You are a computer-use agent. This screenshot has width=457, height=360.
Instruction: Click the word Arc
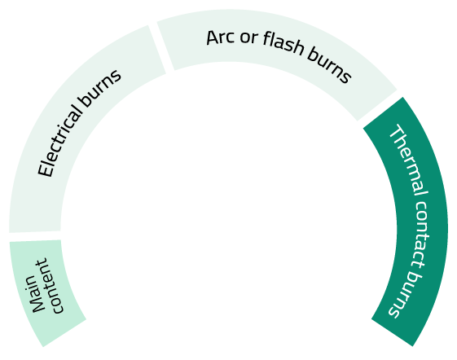[220, 37]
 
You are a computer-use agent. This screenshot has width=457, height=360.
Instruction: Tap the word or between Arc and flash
[249, 38]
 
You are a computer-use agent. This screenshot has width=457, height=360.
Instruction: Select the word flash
[283, 43]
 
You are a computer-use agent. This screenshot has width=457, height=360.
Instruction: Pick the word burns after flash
[329, 66]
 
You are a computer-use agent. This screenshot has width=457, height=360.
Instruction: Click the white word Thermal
[409, 160]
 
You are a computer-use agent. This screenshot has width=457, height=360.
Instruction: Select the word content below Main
[53, 286]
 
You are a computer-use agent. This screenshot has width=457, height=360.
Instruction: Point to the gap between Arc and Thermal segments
[380, 108]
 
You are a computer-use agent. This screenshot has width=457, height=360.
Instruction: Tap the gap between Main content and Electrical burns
[35, 236]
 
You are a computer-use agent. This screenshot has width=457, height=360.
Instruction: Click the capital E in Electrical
[45, 170]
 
